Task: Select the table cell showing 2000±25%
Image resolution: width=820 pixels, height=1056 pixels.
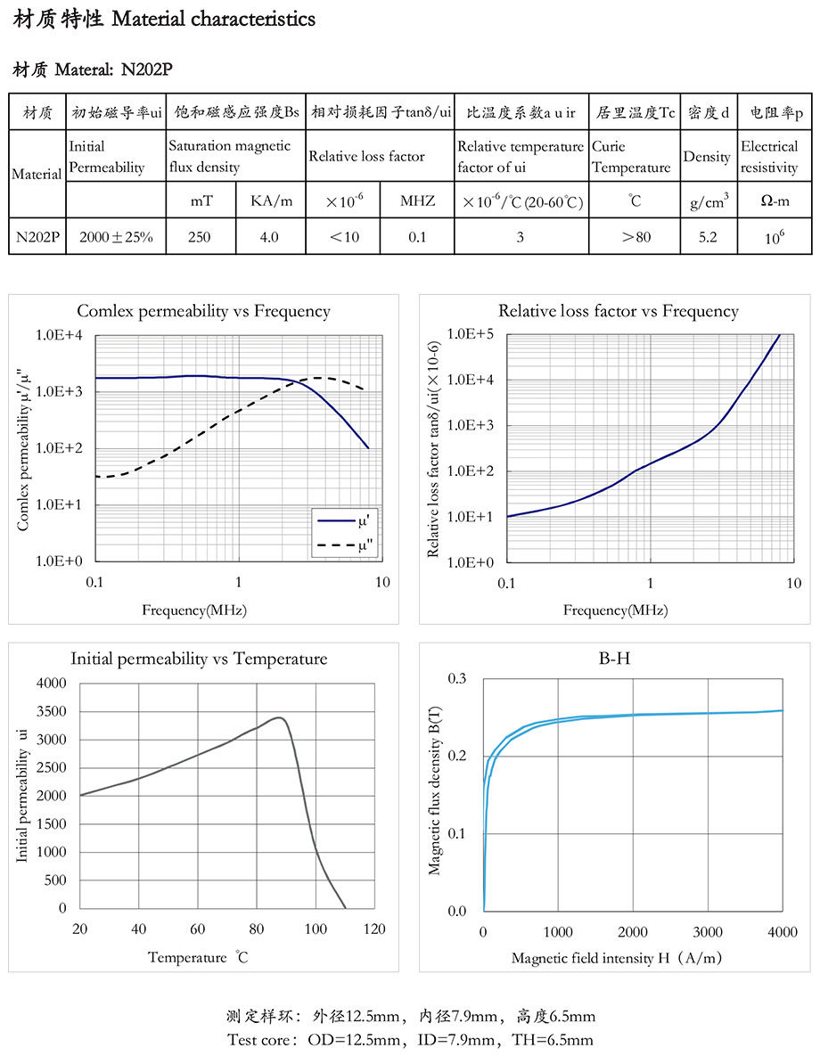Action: (116, 237)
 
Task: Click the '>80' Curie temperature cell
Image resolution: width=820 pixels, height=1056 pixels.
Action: (635, 237)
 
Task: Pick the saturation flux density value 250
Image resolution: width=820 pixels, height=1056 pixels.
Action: (201, 237)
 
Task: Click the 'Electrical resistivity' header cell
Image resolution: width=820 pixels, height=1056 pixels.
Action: (769, 157)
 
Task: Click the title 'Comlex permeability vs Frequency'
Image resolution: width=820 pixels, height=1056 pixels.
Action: (203, 311)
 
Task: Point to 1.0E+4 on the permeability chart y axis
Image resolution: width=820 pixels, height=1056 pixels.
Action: (59, 336)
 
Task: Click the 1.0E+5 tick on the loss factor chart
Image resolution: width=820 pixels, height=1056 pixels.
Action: (471, 334)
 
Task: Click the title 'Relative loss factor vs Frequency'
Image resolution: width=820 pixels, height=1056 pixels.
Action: (618, 311)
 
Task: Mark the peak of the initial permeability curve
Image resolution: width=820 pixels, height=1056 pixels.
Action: (279, 717)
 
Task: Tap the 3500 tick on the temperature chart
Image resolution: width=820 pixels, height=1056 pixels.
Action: (50, 711)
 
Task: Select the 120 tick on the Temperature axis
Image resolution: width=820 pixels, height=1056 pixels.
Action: (374, 929)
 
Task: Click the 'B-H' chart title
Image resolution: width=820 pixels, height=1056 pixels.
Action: (618, 659)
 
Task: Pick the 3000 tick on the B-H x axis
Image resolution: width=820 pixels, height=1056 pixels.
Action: (708, 932)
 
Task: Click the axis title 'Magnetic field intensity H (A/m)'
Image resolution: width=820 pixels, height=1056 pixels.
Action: (617, 958)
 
